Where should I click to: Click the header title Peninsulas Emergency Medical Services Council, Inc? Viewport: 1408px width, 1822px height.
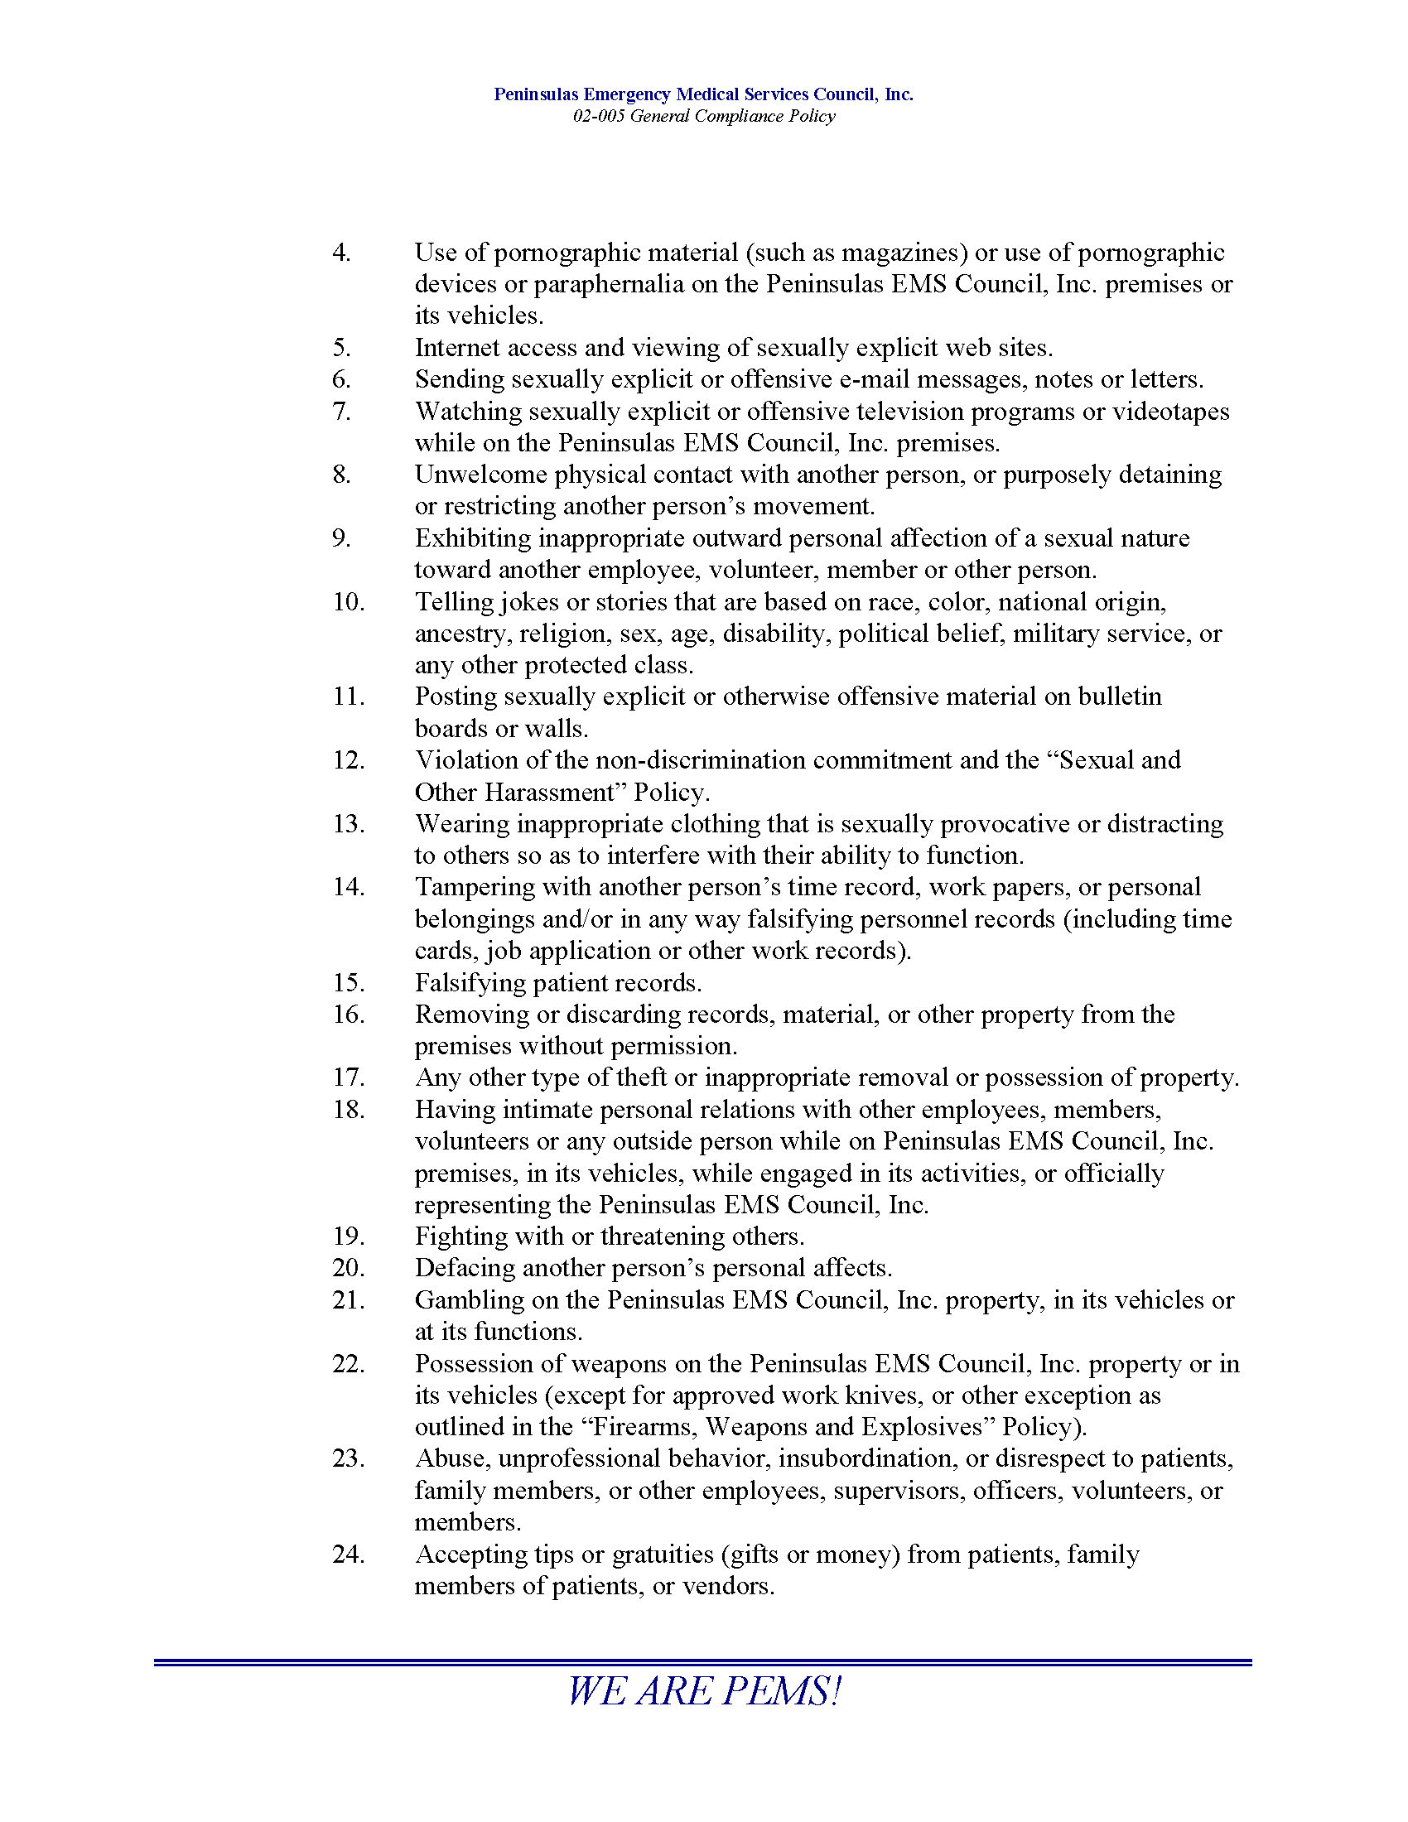coord(703,94)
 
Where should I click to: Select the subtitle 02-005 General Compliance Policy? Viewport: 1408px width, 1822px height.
coord(703,116)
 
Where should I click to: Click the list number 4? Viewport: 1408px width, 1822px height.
coord(341,252)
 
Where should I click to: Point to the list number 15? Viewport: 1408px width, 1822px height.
coord(349,982)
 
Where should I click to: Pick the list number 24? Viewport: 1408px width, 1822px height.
coord(349,1554)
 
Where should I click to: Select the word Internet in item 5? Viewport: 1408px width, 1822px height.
coord(456,347)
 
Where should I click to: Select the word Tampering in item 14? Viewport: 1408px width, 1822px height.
coord(475,887)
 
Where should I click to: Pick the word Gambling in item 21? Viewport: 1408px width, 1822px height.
coord(466,1299)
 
